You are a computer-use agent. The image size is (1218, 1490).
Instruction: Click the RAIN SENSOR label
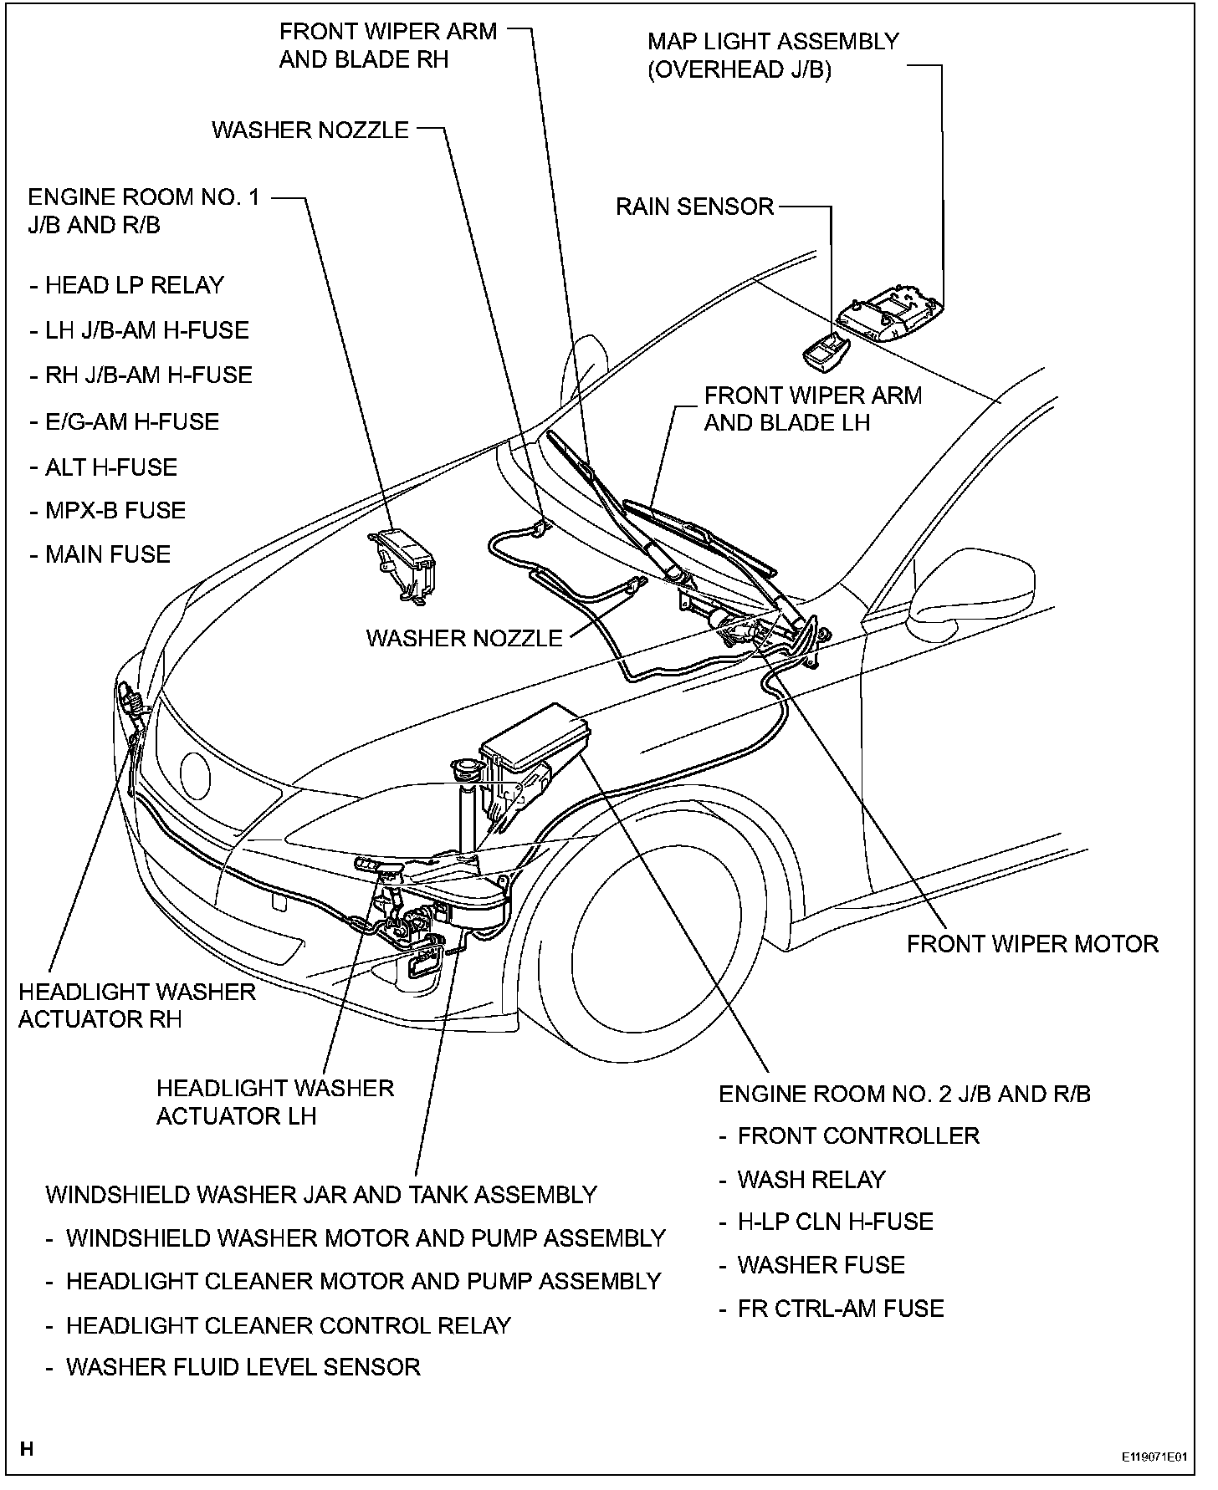[694, 207]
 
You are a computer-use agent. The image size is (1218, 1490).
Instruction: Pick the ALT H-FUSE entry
[110, 467]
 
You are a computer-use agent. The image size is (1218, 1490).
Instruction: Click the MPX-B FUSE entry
[115, 510]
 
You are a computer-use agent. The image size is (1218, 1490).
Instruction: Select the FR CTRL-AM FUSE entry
[840, 1309]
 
